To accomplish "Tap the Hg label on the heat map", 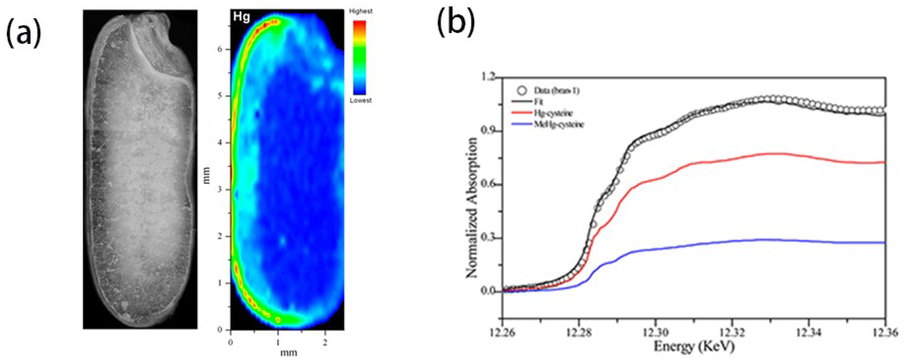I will [x=242, y=17].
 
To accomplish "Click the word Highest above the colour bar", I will [x=361, y=11].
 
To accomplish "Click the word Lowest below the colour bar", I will [x=360, y=100].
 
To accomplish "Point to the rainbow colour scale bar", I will [x=360, y=58].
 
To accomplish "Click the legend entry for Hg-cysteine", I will [x=555, y=113].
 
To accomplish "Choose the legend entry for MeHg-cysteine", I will [x=559, y=124].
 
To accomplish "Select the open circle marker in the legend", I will [x=522, y=90].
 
